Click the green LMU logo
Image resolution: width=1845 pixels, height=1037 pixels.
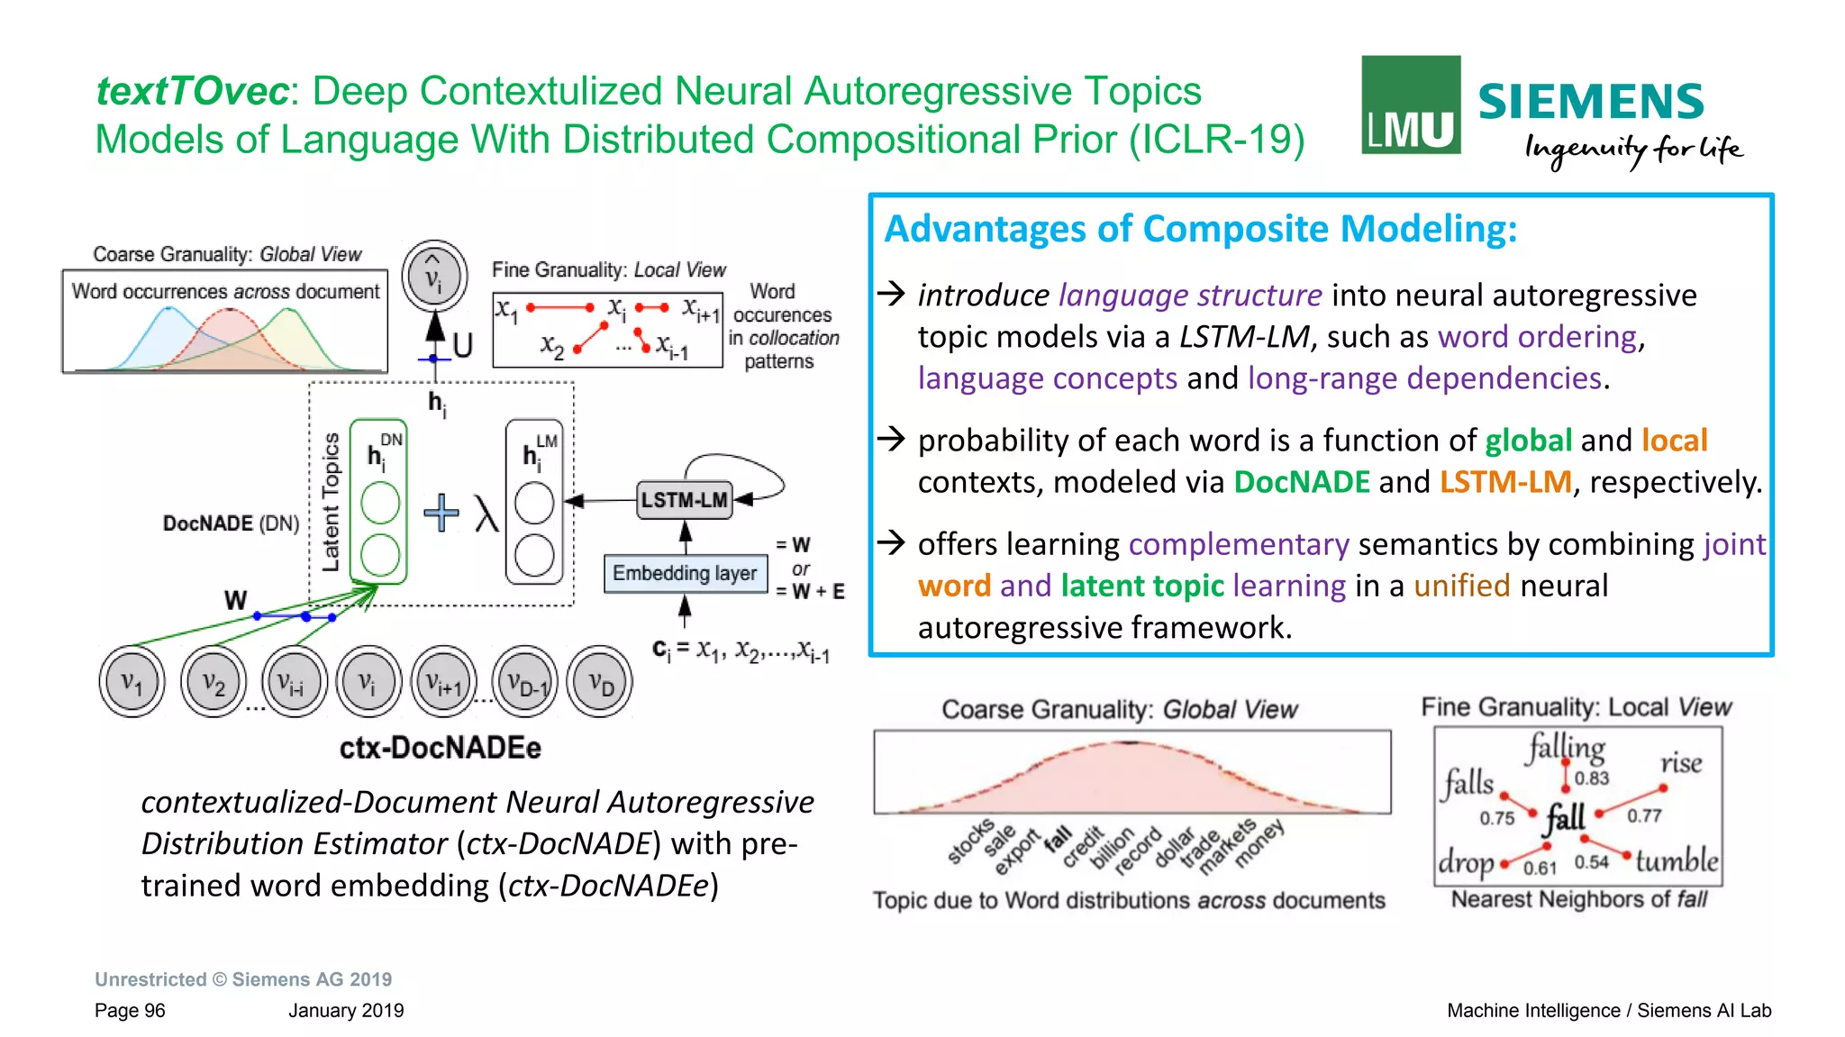click(1410, 105)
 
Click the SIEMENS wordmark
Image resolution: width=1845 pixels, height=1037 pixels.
click(1591, 102)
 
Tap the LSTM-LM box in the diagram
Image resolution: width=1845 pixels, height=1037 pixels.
click(684, 500)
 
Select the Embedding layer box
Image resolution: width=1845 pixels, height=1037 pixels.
click(685, 573)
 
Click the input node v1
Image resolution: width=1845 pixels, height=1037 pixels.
click(132, 682)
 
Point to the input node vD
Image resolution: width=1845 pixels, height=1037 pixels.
click(600, 682)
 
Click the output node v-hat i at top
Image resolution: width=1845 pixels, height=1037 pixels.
click(434, 276)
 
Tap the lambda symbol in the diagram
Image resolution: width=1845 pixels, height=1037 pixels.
click(486, 514)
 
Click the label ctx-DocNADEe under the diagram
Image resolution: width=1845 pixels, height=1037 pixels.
click(440, 748)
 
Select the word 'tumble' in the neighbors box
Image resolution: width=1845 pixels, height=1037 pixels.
click(1677, 860)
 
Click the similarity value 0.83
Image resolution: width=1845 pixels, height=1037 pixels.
click(1592, 778)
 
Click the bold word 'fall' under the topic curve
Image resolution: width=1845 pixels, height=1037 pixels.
click(1058, 839)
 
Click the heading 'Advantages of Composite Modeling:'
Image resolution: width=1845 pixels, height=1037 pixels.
click(1200, 229)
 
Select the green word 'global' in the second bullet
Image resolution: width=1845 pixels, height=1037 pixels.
click(1528, 440)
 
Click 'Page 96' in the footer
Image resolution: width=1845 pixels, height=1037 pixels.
click(130, 1010)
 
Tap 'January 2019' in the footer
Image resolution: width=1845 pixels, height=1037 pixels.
click(346, 1010)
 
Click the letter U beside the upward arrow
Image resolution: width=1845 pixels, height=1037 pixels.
click(462, 345)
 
